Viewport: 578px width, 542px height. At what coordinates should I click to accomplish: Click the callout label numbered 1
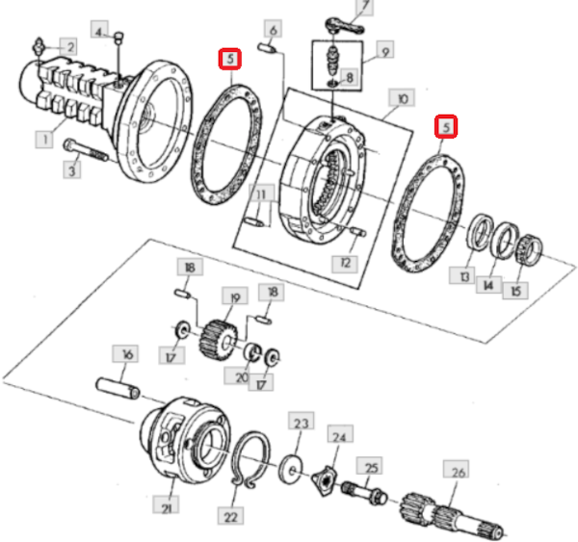[44, 140]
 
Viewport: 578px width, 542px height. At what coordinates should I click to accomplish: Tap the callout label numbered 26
[457, 472]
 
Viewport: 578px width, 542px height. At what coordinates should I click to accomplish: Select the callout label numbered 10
[402, 98]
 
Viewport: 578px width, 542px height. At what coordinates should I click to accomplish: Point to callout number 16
[125, 354]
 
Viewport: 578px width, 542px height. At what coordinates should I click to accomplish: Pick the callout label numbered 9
[384, 50]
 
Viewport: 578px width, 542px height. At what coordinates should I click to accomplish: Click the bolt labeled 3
[86, 151]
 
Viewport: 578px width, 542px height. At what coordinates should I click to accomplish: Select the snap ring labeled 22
[250, 459]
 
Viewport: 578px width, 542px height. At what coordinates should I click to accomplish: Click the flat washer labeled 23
[291, 470]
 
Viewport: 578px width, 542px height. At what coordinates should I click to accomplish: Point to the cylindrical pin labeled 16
[118, 388]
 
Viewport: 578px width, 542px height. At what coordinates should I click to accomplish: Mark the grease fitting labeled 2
[39, 46]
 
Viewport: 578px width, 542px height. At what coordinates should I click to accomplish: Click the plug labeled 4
[118, 38]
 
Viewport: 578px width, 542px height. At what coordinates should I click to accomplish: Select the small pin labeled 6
[267, 47]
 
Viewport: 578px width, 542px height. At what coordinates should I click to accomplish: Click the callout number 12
[345, 263]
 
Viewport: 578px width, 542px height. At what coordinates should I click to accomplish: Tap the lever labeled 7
[345, 25]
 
